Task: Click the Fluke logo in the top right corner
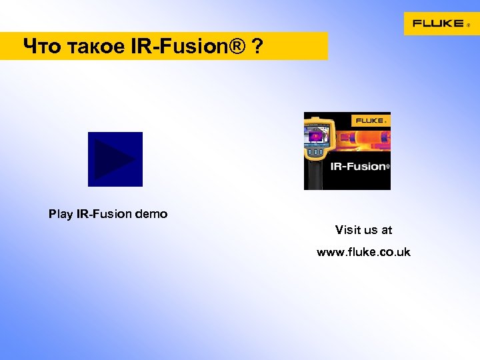tap(438, 23)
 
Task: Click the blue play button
tap(115, 159)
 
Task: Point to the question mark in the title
tap(257, 47)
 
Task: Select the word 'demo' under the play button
tap(151, 215)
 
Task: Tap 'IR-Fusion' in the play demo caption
tap(104, 215)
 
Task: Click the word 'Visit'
tap(348, 230)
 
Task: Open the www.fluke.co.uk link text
tap(363, 252)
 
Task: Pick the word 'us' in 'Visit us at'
tap(370, 230)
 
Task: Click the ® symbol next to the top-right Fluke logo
tap(467, 26)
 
